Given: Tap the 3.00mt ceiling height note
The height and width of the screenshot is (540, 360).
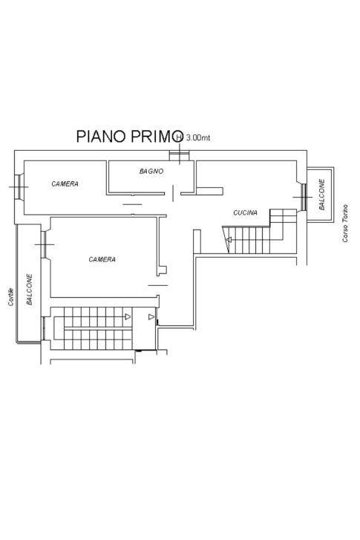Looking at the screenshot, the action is [198, 137].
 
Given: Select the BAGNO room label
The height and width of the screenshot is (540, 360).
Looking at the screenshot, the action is [151, 171].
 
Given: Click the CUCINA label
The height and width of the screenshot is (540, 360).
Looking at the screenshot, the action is [246, 213].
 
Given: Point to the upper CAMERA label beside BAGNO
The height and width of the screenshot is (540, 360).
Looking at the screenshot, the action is [65, 184].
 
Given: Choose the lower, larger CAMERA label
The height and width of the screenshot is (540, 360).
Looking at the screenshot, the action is [102, 259].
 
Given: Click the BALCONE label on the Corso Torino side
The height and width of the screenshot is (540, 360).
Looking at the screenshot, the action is [322, 194].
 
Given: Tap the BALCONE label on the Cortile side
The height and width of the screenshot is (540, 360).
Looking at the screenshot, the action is [30, 289].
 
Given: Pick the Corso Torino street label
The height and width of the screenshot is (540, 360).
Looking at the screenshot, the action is [345, 224].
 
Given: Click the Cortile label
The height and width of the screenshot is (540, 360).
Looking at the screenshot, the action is [11, 297].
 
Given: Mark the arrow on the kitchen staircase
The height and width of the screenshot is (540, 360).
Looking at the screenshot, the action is [229, 240].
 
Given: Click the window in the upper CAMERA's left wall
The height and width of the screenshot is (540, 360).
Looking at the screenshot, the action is [19, 186].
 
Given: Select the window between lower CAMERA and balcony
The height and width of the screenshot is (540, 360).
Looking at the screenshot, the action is [44, 244].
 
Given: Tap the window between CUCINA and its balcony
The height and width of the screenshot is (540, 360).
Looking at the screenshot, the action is [304, 197].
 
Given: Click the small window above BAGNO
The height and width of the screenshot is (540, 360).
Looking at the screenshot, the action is [180, 156].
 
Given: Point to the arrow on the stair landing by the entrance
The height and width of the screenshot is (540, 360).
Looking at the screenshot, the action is [151, 317].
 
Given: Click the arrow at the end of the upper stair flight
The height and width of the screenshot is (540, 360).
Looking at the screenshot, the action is [128, 316].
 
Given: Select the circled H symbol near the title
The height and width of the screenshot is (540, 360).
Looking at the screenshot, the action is [179, 137].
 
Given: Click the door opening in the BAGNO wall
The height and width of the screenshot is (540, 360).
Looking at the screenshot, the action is [173, 193].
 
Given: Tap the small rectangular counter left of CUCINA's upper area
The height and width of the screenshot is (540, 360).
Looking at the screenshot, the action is [209, 191].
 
